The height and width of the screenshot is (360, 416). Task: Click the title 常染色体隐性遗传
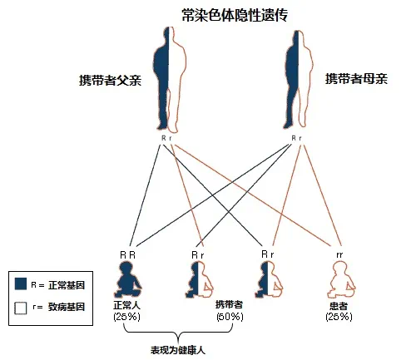click(x=235, y=15)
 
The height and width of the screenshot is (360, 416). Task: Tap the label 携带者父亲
click(x=110, y=80)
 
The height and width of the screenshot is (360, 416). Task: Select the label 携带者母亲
click(x=356, y=79)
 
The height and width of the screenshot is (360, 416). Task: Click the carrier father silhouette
click(x=170, y=80)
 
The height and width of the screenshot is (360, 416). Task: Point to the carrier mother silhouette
click(x=299, y=79)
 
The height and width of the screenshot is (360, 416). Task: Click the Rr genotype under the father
click(x=166, y=138)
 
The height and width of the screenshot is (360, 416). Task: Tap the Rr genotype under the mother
click(x=296, y=138)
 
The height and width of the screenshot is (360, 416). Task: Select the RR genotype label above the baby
click(x=127, y=255)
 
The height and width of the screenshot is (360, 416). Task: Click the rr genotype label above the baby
click(x=339, y=254)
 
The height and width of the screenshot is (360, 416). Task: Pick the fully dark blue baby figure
click(x=127, y=279)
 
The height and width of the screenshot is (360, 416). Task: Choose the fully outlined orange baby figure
click(x=341, y=279)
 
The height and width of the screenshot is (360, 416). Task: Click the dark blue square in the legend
click(x=21, y=284)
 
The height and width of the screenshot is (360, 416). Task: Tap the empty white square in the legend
click(x=21, y=308)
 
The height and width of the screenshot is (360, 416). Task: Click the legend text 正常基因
click(x=67, y=285)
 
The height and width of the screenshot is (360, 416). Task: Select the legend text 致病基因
click(x=67, y=307)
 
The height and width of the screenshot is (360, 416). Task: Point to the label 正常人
click(x=126, y=305)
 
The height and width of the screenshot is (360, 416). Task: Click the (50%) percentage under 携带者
click(x=230, y=317)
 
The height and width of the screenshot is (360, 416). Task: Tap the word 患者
click(x=339, y=306)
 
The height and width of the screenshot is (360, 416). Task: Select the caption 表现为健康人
click(x=178, y=350)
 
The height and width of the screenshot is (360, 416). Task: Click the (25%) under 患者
click(x=339, y=317)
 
